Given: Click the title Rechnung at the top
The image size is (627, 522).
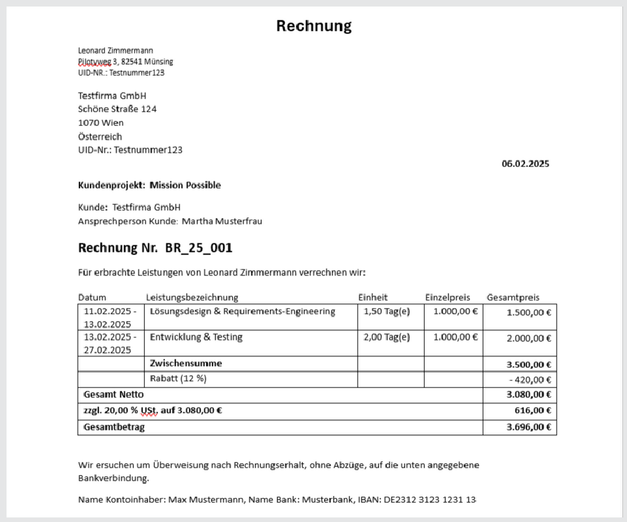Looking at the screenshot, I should tap(313, 25).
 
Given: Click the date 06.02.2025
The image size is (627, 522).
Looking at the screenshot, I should tap(525, 164).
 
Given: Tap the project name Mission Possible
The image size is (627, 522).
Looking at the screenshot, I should tap(185, 185).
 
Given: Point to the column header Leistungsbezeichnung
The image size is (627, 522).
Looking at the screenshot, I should tap(192, 298).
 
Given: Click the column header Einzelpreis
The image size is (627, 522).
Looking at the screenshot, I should tap(448, 298).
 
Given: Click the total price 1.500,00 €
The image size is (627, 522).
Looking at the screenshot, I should tap(528, 313).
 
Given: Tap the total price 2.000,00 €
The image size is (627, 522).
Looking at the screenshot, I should tap(528, 338).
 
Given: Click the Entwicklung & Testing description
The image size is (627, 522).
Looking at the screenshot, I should tap(196, 337).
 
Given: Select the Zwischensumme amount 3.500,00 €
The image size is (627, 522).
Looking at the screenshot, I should tap(528, 365).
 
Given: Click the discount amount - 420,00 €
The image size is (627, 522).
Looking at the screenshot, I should tap(530, 380).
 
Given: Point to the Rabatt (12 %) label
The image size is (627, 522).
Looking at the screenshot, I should tap(178, 378).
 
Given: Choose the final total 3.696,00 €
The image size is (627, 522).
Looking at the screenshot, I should tap(528, 427).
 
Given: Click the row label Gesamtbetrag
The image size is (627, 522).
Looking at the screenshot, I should tap(114, 427).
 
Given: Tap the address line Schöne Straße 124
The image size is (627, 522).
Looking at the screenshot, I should tap(117, 109).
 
